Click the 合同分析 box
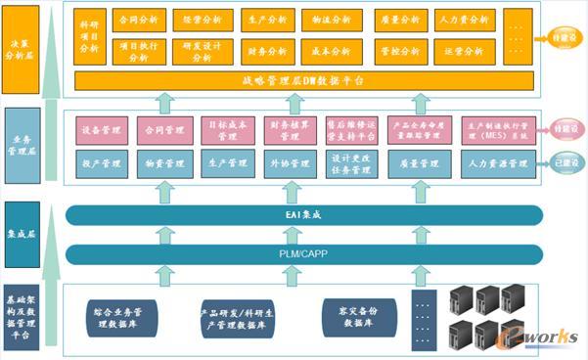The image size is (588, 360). coord(139,19)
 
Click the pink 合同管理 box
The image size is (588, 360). coord(165,129)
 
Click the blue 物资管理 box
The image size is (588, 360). coord(165,164)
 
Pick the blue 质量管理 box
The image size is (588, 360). coord(419,164)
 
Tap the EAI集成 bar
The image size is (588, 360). coord(303,215)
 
